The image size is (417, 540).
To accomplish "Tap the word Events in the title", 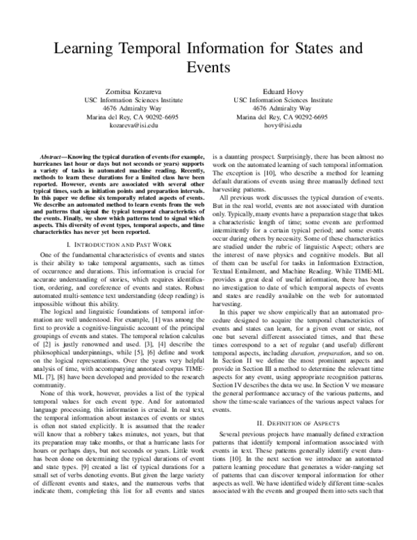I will click(x=208, y=68).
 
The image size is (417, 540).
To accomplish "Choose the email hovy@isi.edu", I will click(x=282, y=126).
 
